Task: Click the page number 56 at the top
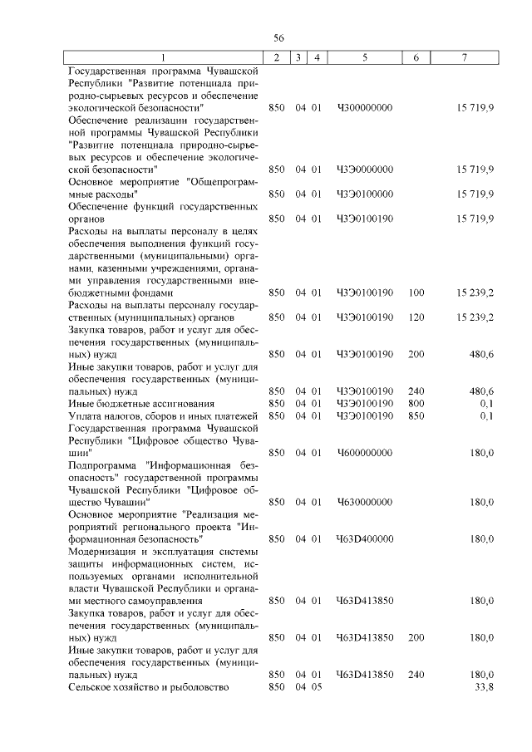[279, 38]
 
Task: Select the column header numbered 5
[365, 57]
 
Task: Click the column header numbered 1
[163, 57]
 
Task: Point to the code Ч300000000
[364, 108]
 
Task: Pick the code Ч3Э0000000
[364, 170]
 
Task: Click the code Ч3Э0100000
[364, 194]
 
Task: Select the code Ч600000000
[364, 452]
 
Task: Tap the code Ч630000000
[364, 502]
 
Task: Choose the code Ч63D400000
[364, 539]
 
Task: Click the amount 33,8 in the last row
[484, 687]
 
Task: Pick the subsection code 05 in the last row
[316, 687]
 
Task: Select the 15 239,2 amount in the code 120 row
[475, 317]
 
